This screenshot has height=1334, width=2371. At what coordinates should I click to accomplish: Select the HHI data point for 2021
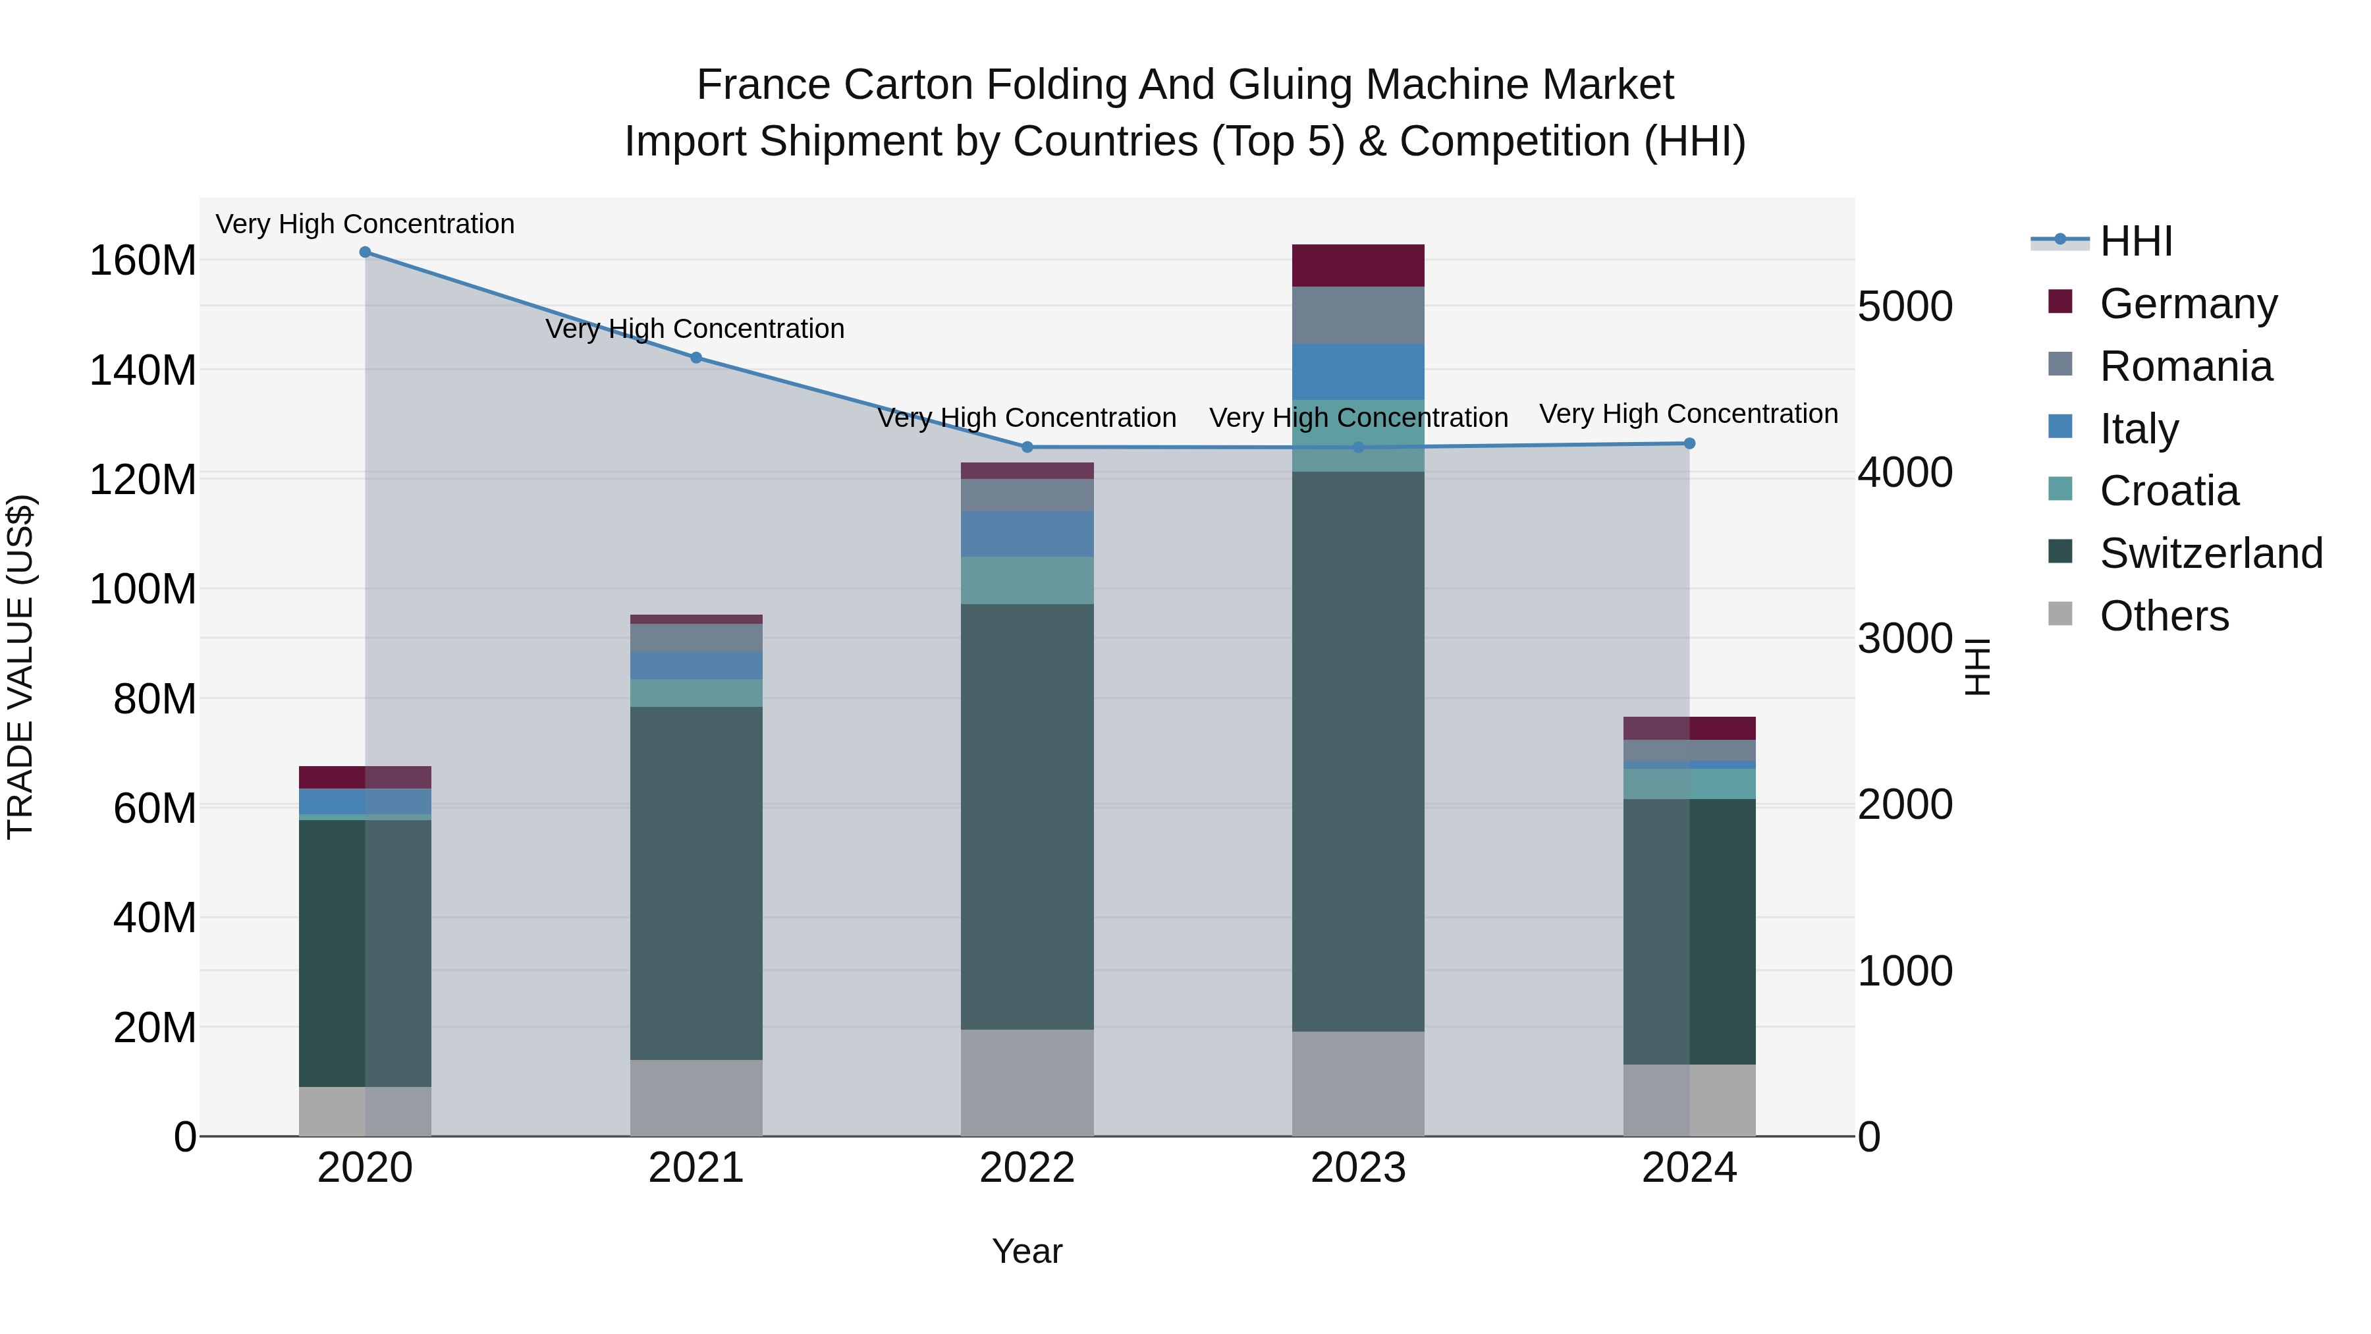696,358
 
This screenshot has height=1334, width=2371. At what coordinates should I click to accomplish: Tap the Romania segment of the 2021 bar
696,638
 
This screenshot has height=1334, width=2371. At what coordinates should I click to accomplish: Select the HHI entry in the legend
2135,241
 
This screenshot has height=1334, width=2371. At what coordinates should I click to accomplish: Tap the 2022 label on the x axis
1027,1168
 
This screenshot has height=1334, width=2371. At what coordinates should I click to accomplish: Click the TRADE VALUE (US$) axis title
20,667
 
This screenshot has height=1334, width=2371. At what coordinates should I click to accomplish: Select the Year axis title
1027,1251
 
